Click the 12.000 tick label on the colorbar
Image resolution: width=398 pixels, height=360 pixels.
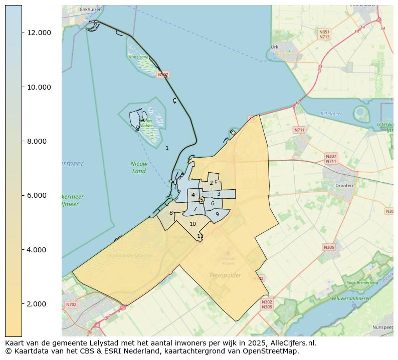click(39, 33)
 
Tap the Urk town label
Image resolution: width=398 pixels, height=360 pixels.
click(274, 48)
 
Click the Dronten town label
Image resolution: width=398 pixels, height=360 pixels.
click(344, 185)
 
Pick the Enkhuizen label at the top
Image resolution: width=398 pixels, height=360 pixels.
click(91, 10)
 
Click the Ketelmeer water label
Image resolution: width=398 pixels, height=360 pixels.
click(331, 114)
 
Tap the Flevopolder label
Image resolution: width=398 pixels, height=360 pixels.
click(225, 275)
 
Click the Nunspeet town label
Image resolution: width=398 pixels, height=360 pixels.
click(382, 327)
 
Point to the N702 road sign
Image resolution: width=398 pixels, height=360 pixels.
click(72, 304)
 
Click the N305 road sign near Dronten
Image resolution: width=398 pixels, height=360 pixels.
click(329, 247)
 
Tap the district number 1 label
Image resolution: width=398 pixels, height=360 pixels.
click(167, 148)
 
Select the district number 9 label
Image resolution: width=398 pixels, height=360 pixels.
click(217, 214)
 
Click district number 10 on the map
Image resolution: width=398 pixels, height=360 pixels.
click(192, 224)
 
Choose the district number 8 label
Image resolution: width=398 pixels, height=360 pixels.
click(171, 213)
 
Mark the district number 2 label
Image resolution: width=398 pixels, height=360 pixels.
click(211, 183)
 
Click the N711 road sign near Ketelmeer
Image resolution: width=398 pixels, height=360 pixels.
click(299, 130)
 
